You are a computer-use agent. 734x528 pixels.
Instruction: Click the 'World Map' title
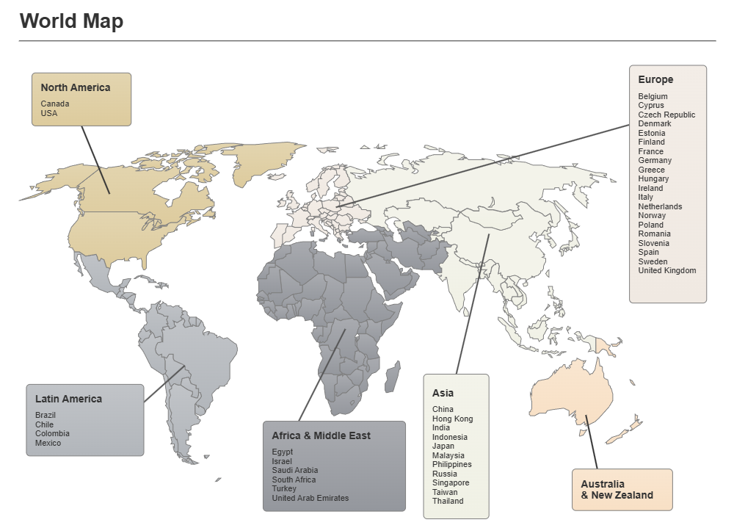coord(71,21)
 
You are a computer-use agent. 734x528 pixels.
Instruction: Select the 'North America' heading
coord(76,87)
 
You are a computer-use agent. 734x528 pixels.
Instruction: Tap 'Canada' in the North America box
coord(55,104)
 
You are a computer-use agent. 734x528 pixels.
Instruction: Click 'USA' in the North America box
coord(49,114)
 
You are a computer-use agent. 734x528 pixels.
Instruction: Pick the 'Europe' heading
coord(655,79)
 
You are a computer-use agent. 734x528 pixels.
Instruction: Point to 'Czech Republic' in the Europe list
coord(666,115)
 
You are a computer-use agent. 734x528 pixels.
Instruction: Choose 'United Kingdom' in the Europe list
coord(667,271)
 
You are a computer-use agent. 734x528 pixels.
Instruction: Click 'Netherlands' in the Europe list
coord(660,206)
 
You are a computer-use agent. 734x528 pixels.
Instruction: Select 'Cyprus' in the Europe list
coord(651,106)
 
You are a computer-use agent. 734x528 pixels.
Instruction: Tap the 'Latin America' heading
coord(69,399)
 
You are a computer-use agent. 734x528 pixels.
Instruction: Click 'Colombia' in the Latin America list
coord(51,434)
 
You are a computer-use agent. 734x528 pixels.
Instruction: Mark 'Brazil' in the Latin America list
coord(46,416)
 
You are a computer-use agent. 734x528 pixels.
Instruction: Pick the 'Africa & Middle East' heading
coord(321,436)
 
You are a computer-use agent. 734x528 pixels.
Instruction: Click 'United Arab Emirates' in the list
coord(310,499)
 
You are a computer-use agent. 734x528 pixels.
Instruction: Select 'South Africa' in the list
coord(294,480)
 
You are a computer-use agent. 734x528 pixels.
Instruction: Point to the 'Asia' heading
coord(443,394)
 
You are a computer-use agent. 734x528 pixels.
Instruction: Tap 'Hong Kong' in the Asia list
coord(453,419)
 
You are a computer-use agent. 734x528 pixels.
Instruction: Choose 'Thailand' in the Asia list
coord(448,502)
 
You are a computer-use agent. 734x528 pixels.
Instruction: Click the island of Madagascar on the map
coord(392,377)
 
